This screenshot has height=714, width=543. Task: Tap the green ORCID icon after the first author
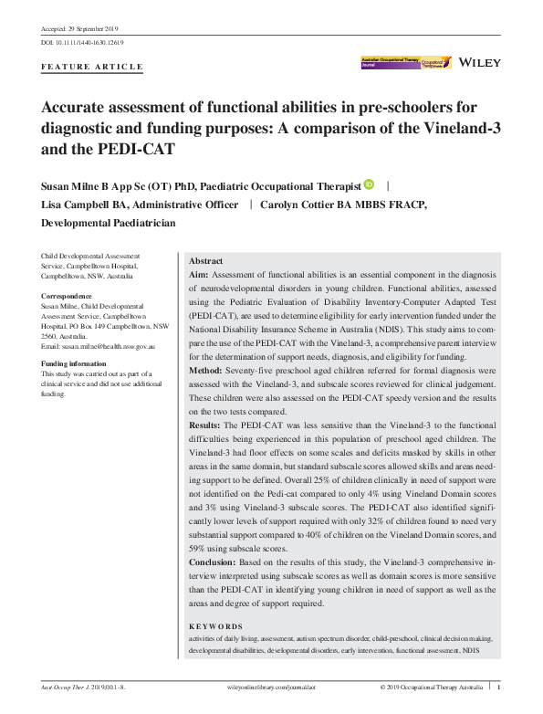(369, 184)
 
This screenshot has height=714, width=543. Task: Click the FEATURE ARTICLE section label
(93, 67)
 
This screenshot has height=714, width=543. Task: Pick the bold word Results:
(208, 425)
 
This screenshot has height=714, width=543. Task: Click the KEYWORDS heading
(215, 627)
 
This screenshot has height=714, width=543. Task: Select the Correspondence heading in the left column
(68, 297)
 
